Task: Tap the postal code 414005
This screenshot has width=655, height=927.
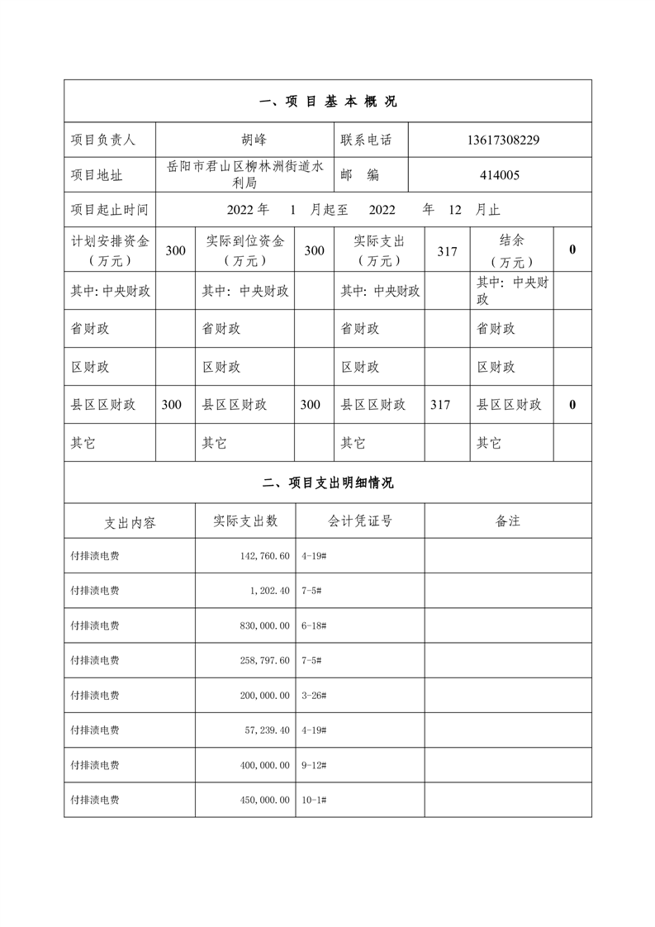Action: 500,175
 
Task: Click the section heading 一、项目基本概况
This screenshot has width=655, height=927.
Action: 328,102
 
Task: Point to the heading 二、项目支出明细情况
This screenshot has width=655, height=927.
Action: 328,483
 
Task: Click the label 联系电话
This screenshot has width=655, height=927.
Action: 366,140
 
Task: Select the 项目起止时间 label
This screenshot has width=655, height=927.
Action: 109,210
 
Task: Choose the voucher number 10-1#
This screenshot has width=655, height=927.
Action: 315,800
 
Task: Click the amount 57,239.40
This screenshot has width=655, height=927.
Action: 263,730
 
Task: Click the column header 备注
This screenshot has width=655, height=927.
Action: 508,521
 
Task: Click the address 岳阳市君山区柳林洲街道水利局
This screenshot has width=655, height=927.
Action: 245,175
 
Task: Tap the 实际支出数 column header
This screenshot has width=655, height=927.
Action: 245,521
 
